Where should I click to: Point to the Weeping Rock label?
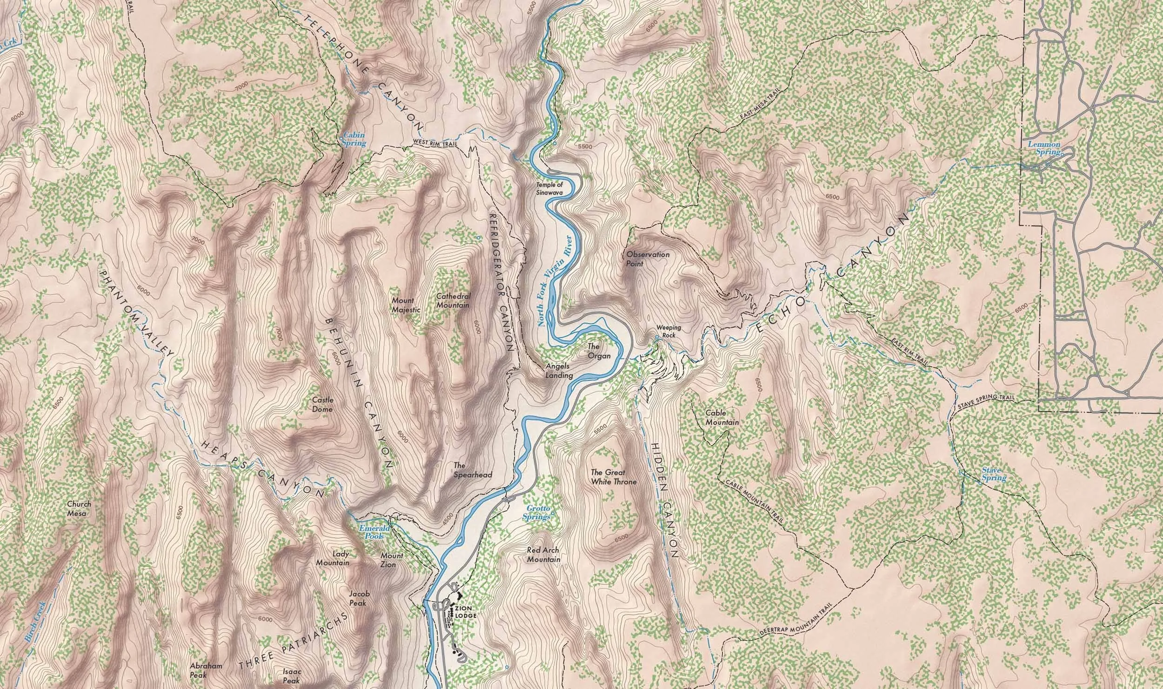[x=668, y=331]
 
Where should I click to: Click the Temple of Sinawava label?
[x=552, y=188]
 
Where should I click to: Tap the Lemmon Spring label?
[x=1043, y=148]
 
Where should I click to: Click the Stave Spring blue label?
[x=994, y=475]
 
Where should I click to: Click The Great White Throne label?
[x=613, y=477]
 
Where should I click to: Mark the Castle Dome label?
[x=322, y=404]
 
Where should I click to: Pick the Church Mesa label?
[x=79, y=508]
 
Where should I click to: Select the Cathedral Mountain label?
[x=453, y=301]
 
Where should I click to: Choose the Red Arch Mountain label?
[x=543, y=555]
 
